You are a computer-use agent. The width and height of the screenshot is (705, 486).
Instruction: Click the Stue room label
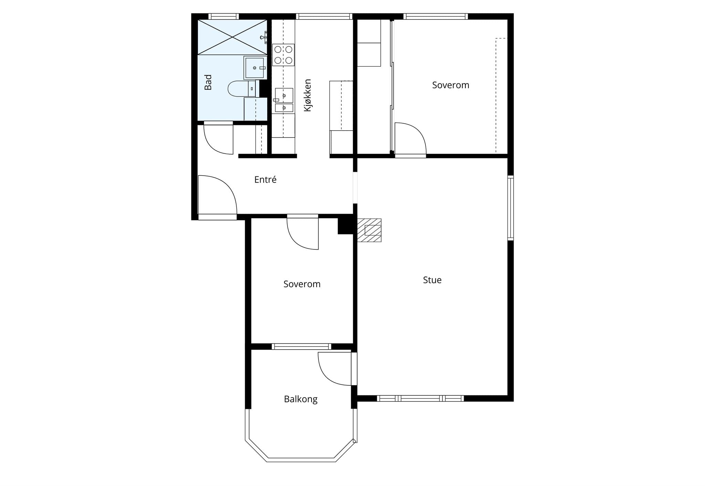[432, 280]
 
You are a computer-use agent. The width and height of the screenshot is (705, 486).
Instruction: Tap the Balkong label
[301, 399]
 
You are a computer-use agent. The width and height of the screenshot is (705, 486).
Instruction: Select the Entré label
[265, 179]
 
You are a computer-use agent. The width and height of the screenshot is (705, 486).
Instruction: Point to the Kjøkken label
[307, 95]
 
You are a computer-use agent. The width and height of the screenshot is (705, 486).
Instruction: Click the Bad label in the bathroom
[208, 82]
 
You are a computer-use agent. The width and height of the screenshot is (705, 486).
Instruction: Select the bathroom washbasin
[255, 68]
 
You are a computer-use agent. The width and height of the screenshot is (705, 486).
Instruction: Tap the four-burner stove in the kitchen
[283, 55]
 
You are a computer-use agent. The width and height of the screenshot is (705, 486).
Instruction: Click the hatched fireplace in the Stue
[369, 230]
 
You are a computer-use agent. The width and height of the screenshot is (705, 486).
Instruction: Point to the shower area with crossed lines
[232, 37]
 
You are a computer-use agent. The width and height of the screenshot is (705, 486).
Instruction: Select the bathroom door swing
[218, 138]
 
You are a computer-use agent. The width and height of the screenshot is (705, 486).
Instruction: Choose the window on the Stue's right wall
[511, 208]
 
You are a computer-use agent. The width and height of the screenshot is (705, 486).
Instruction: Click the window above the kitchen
[324, 16]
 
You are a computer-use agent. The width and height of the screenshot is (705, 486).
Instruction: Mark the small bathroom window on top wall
[223, 16]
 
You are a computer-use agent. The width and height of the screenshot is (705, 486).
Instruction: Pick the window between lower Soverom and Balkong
[301, 347]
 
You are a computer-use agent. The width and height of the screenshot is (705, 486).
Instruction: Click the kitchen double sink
[284, 100]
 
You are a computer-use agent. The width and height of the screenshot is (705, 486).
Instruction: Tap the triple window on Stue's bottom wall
[420, 399]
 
